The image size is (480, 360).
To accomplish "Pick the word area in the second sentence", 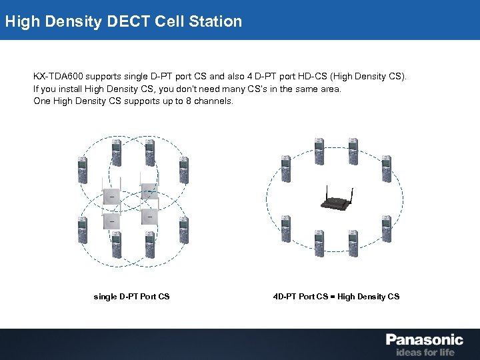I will coord(329,89).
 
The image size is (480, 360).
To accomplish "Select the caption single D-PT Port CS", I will coord(131,296).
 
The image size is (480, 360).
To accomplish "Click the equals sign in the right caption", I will coord(333,296).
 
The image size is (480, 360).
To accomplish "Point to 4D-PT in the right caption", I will coord(285,296).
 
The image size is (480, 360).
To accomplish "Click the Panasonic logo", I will coord(424,340).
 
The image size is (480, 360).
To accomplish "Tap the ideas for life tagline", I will coord(425,352).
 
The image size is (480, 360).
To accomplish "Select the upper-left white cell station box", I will coord(111,195).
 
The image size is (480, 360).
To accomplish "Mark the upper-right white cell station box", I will coord(148,190).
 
